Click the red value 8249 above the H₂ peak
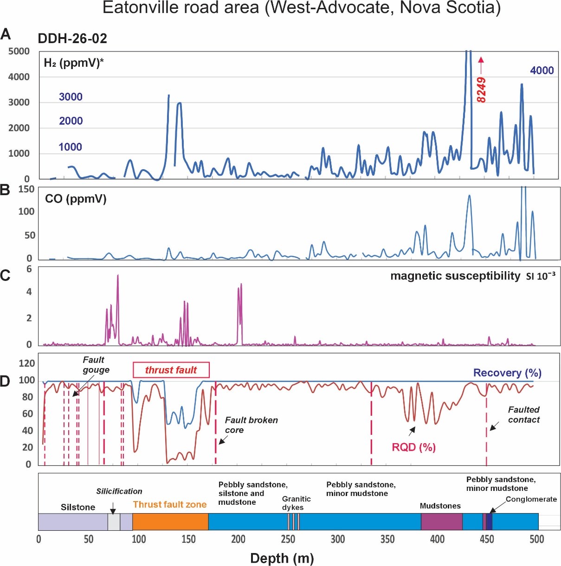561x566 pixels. pos(481,90)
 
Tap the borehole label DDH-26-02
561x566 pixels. pos(72,38)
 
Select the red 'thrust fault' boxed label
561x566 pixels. pos(171,370)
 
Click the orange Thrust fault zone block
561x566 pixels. pos(170,521)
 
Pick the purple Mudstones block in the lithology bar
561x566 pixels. pos(441,521)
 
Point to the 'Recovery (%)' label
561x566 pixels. pos(507,373)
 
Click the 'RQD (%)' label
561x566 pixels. pos(414,447)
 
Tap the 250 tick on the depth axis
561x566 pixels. pos(288,539)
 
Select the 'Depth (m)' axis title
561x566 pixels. pos(282,558)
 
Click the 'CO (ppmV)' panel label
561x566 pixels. pos(76,199)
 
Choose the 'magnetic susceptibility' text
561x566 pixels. pos(455,276)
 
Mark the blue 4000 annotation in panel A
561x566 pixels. pos(542,70)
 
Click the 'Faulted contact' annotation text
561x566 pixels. pos(524,414)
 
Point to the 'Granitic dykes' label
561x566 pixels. pos(296,503)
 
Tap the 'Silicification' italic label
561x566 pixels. pos(119,491)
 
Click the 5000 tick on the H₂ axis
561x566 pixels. pos(19,51)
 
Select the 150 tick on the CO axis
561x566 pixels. pos(26,189)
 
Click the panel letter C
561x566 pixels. pos(5,276)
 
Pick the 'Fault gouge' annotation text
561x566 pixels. pos(96,365)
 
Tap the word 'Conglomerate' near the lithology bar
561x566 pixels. pos(531,499)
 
